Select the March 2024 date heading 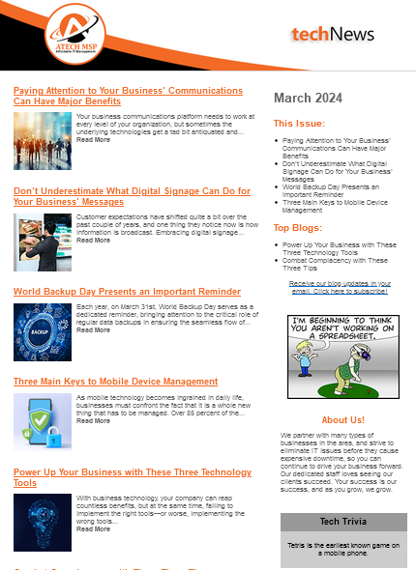pyautogui.click(x=308, y=98)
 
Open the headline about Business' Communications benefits pyautogui.click(x=128, y=95)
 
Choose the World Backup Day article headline pyautogui.click(x=127, y=291)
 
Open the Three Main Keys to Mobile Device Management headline pyautogui.click(x=115, y=382)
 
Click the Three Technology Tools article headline pyautogui.click(x=132, y=477)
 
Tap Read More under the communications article pyautogui.click(x=93, y=140)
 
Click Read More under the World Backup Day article pyautogui.click(x=93, y=330)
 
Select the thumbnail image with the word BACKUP pyautogui.click(x=43, y=331)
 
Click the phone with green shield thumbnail pyautogui.click(x=43, y=422)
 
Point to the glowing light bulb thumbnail pyautogui.click(x=43, y=523)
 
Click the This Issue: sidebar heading pyautogui.click(x=299, y=124)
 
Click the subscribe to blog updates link pyautogui.click(x=340, y=287)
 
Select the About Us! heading pyautogui.click(x=342, y=420)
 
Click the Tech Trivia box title pyautogui.click(x=342, y=522)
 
